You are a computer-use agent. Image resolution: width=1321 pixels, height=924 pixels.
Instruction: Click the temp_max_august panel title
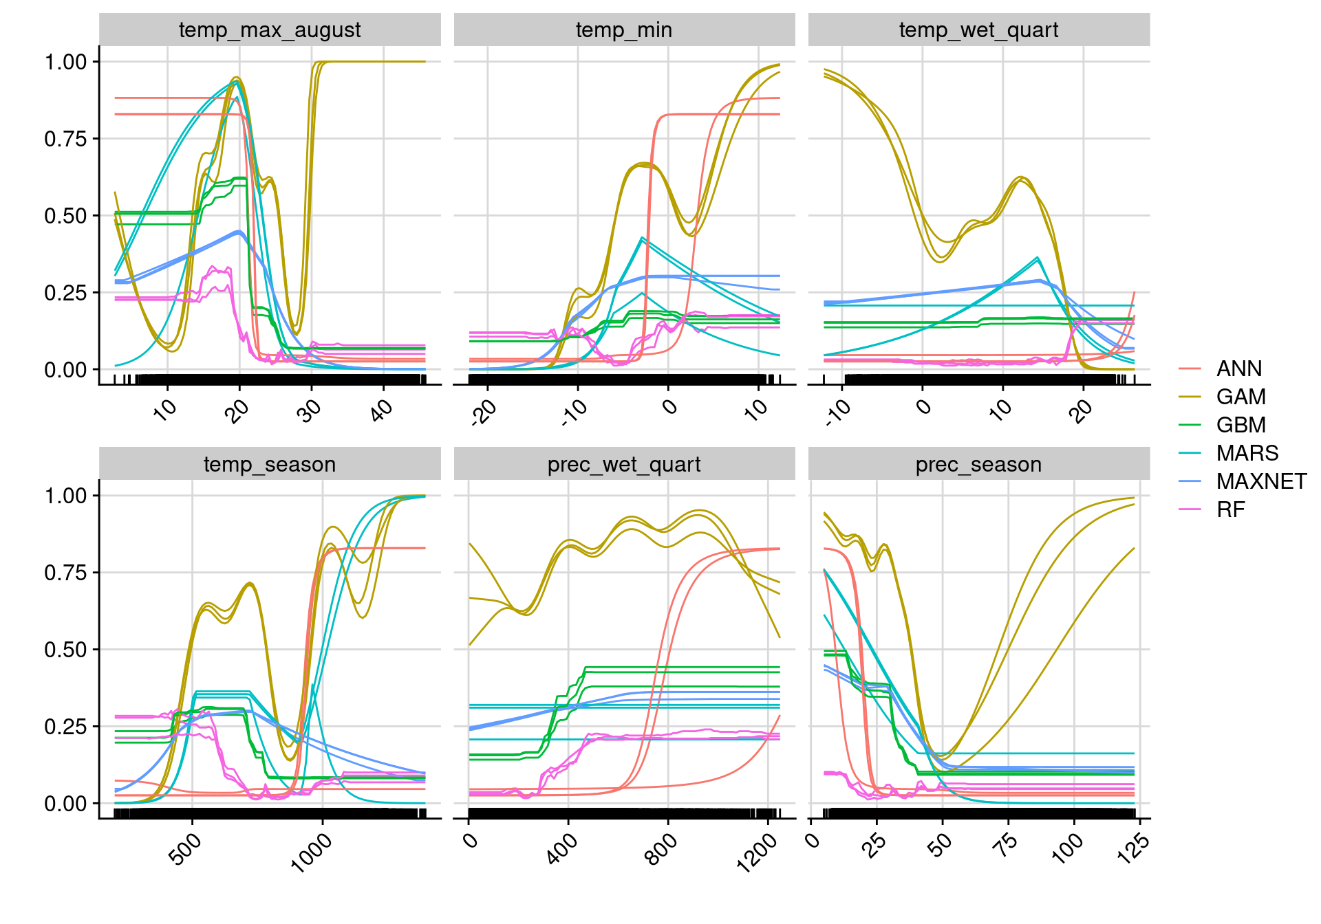pyautogui.click(x=270, y=30)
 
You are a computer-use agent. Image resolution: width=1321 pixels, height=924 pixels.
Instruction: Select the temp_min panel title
pyautogui.click(x=624, y=30)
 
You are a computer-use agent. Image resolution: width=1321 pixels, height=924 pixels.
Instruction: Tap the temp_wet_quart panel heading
pyautogui.click(x=978, y=30)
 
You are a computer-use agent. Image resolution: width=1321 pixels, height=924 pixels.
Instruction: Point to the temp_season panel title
pyautogui.click(x=270, y=465)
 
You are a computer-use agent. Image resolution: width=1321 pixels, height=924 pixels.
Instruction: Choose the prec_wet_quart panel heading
pyautogui.click(x=624, y=465)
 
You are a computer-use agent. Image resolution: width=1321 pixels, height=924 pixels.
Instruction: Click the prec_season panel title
pyautogui.click(x=978, y=465)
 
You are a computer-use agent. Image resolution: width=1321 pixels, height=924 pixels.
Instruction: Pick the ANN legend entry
pyautogui.click(x=1238, y=369)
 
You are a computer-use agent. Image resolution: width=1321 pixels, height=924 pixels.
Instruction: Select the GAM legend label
pyautogui.click(x=1241, y=397)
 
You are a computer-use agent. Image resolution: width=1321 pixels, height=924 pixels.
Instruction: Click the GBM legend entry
pyautogui.click(x=1241, y=426)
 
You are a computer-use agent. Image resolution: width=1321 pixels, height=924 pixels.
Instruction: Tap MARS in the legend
pyautogui.click(x=1247, y=454)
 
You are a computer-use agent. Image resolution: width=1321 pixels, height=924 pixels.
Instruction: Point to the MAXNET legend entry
pyautogui.click(x=1261, y=482)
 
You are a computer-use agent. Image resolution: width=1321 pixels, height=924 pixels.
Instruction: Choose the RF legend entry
pyautogui.click(x=1230, y=510)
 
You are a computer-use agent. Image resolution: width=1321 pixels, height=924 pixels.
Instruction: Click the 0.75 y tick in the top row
pyautogui.click(x=66, y=139)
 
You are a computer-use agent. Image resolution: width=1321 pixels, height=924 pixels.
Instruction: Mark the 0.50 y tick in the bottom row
pyautogui.click(x=66, y=650)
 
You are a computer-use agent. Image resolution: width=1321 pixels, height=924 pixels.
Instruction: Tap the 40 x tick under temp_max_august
pyautogui.click(x=380, y=411)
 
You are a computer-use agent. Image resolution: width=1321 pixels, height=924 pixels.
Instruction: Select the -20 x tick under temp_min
pyautogui.click(x=484, y=412)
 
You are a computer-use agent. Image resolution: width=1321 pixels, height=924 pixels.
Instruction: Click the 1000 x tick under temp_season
pyautogui.click(x=312, y=852)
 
